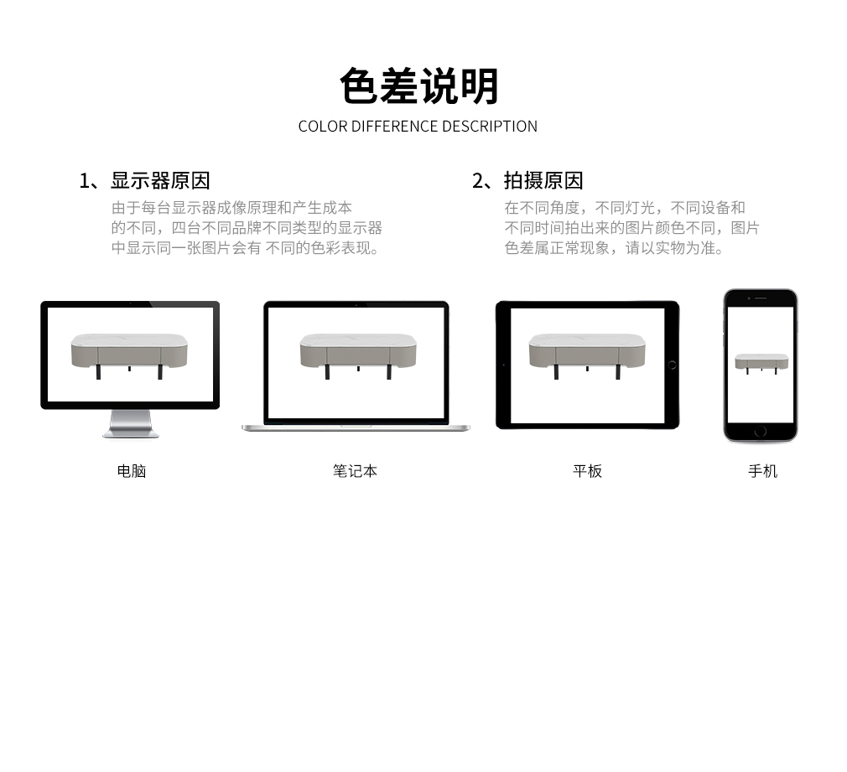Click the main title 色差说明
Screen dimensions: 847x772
click(x=418, y=85)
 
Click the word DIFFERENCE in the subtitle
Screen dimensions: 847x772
click(x=395, y=127)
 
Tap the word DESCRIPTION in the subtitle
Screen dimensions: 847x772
click(x=490, y=127)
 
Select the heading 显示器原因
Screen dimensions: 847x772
click(x=160, y=180)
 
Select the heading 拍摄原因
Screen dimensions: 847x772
click(x=543, y=180)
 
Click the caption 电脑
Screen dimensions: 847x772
click(x=132, y=471)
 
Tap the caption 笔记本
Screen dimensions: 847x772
click(x=355, y=471)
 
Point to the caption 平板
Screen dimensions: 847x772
click(x=587, y=471)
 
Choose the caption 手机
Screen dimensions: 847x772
click(x=762, y=471)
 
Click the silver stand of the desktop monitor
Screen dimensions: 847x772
click(x=131, y=423)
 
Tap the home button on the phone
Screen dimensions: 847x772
click(x=761, y=431)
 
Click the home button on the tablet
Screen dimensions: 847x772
click(x=672, y=365)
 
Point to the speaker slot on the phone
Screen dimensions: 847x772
click(x=761, y=298)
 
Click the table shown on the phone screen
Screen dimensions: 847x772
click(x=761, y=363)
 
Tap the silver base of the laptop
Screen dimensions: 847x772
click(x=356, y=428)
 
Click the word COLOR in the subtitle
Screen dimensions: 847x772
click(x=323, y=127)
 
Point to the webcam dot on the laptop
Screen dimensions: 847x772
click(x=356, y=305)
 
